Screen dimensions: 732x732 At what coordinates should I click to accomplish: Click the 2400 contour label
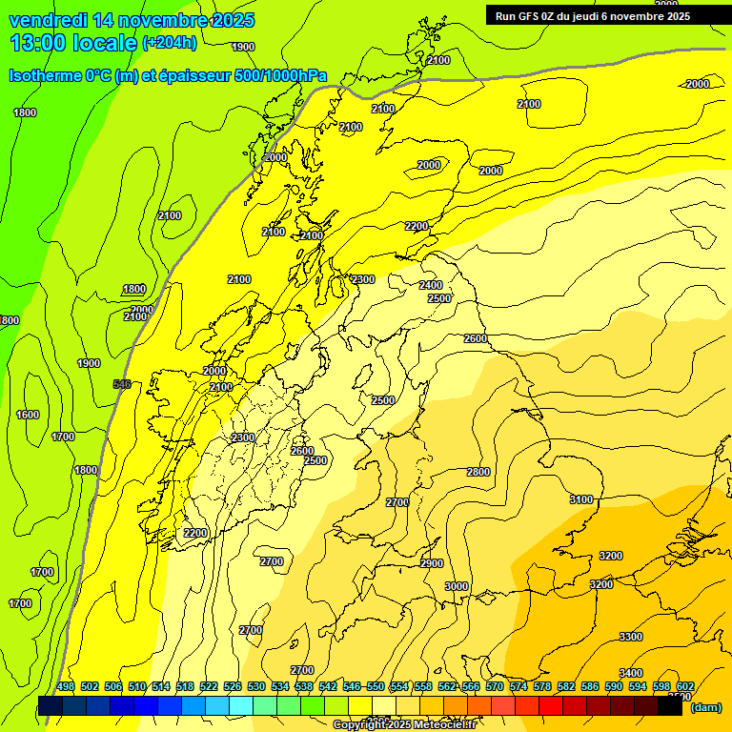click(x=431, y=285)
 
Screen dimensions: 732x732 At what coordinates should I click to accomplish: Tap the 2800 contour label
click(x=478, y=472)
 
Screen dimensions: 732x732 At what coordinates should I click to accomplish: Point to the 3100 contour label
click(x=580, y=499)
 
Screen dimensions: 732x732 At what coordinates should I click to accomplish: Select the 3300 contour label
click(x=631, y=636)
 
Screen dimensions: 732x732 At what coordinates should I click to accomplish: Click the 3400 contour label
click(x=631, y=673)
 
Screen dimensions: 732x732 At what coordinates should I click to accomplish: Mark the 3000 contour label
click(x=457, y=586)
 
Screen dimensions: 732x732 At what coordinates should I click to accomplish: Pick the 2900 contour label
click(x=432, y=563)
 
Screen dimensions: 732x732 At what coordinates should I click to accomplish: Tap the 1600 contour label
click(x=28, y=415)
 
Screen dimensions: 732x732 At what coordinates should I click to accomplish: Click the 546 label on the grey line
click(x=122, y=384)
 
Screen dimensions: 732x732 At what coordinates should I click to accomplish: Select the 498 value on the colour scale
click(x=66, y=686)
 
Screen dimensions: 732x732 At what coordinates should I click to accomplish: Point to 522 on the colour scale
click(x=209, y=686)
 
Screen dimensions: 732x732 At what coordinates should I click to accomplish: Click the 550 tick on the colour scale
click(x=376, y=686)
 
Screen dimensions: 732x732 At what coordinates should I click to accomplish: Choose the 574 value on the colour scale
click(x=518, y=686)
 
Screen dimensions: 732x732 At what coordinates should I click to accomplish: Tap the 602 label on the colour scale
click(x=684, y=686)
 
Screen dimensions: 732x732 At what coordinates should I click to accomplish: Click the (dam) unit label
click(x=705, y=707)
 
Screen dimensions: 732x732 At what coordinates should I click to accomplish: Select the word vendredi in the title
click(x=48, y=20)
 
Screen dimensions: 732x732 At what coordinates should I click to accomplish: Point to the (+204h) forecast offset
click(x=170, y=42)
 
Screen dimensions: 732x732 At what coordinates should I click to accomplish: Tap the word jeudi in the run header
click(x=597, y=15)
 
